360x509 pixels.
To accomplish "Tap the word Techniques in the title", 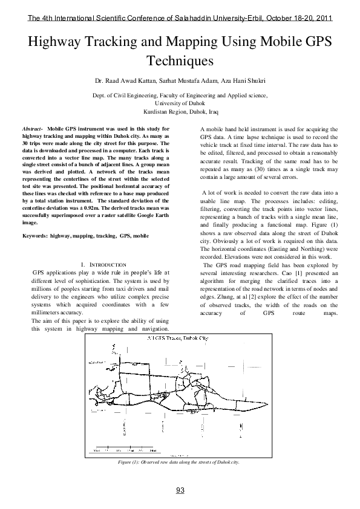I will (x=180, y=60).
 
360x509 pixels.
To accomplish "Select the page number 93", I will (x=180, y=490).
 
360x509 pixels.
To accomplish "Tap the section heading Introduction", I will (x=103, y=265).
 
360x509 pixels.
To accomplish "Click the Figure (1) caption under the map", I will (x=180, y=462).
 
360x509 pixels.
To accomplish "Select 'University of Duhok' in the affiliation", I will (x=180, y=103).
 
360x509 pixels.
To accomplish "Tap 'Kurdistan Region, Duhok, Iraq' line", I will (x=180, y=112).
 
